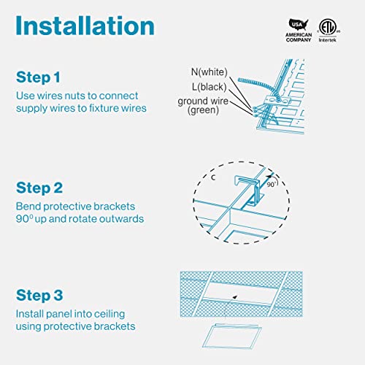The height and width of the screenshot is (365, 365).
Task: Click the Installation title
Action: [x=85, y=26]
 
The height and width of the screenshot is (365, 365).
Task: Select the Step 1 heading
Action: [x=38, y=77]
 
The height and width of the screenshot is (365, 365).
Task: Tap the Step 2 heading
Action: [x=39, y=188]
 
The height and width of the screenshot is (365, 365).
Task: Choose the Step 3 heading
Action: [x=39, y=295]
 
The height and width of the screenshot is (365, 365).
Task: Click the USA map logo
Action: [x=299, y=25]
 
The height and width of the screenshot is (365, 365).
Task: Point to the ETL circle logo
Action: [x=328, y=27]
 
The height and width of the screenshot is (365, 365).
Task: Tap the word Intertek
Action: [x=328, y=40]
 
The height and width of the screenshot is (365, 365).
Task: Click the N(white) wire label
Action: [x=210, y=72]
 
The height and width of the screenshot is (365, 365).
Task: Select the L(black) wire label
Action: [x=210, y=87]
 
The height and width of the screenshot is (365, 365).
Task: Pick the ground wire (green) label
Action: [x=203, y=106]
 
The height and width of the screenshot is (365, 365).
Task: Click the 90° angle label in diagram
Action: [x=272, y=185]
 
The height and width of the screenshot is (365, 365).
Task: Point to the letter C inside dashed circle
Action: [x=213, y=177]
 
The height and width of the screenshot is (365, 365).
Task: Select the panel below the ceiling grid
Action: [x=232, y=337]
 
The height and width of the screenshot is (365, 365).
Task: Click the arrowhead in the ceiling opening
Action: [x=235, y=297]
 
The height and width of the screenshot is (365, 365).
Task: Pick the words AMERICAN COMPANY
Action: [x=299, y=37]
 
